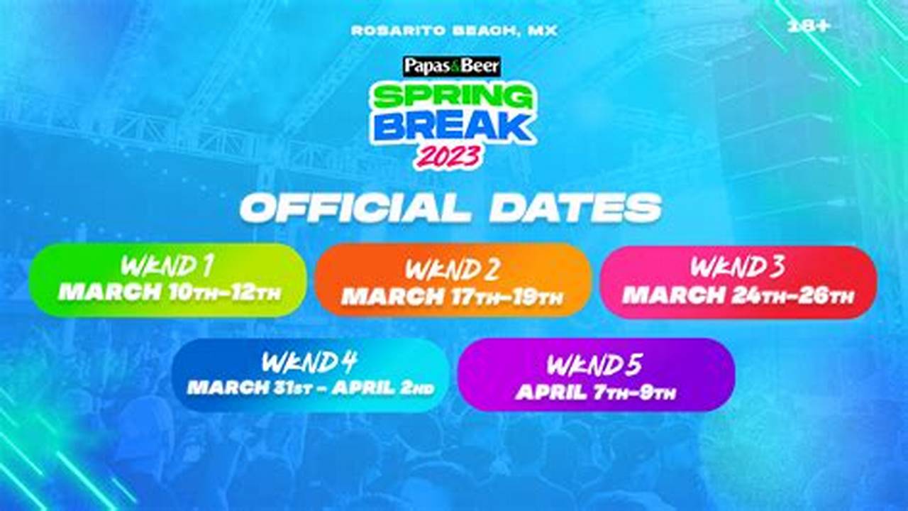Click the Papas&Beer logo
point(452,67)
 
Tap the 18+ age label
point(809,26)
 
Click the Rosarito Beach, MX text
point(454,31)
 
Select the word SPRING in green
point(451,97)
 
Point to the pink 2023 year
point(449,156)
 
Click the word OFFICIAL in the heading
point(355,209)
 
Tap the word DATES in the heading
point(575,209)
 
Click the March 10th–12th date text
point(170,292)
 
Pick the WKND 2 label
point(453,270)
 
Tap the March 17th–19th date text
point(453,297)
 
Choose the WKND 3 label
point(738,268)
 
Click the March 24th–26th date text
point(738,295)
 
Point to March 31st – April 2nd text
point(311,388)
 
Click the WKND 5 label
point(594,366)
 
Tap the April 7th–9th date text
point(596,392)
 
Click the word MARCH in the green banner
point(110,292)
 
